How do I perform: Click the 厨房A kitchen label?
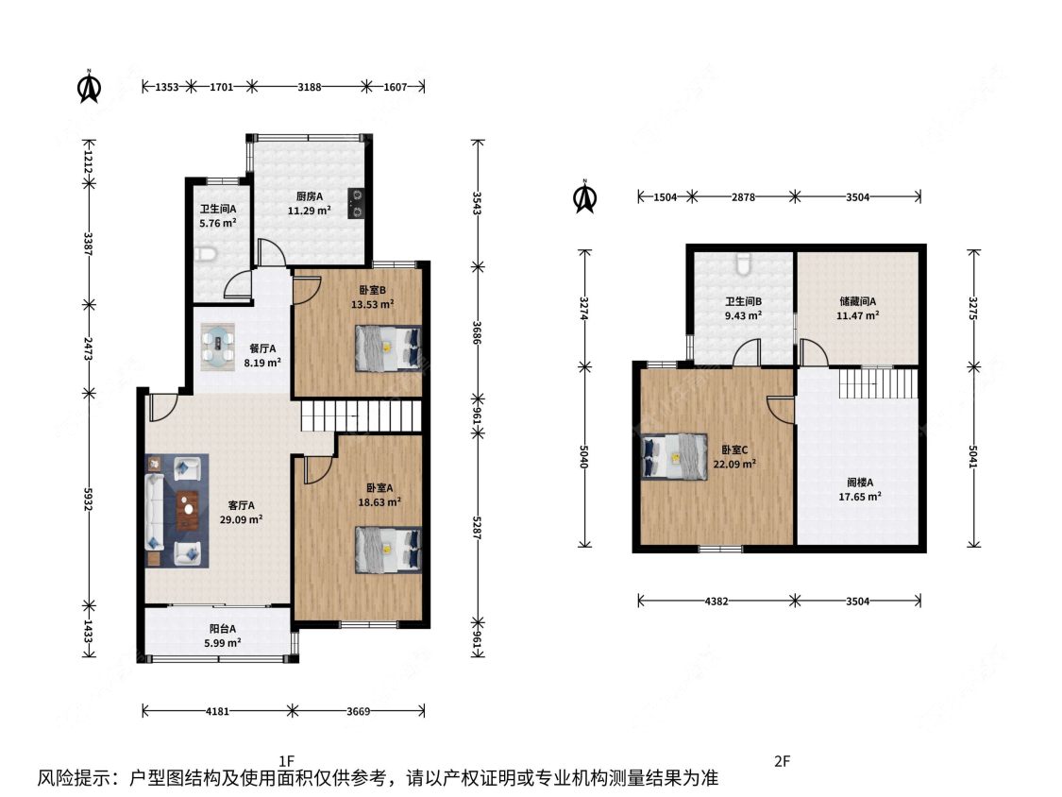[x=310, y=196]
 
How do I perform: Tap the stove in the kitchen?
[x=356, y=204]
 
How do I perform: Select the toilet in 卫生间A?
[x=205, y=255]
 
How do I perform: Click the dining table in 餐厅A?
[x=218, y=348]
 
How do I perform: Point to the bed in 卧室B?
[x=388, y=348]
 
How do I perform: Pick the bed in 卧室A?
[x=388, y=550]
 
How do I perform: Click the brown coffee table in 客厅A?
[x=188, y=510]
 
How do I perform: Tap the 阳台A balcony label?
[x=223, y=629]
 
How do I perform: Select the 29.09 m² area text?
[x=241, y=519]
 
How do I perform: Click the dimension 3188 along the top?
[x=310, y=87]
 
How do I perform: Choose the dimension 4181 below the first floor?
[x=217, y=712]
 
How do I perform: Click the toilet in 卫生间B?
[x=743, y=263]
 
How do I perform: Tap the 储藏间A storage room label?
[x=858, y=301]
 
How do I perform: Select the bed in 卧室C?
[x=675, y=457]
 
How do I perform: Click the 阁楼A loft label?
[x=860, y=483]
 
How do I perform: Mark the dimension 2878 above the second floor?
[x=743, y=197]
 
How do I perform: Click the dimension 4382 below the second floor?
[x=716, y=602]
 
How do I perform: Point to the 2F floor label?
[x=783, y=761]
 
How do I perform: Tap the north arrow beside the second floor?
[x=584, y=197]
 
